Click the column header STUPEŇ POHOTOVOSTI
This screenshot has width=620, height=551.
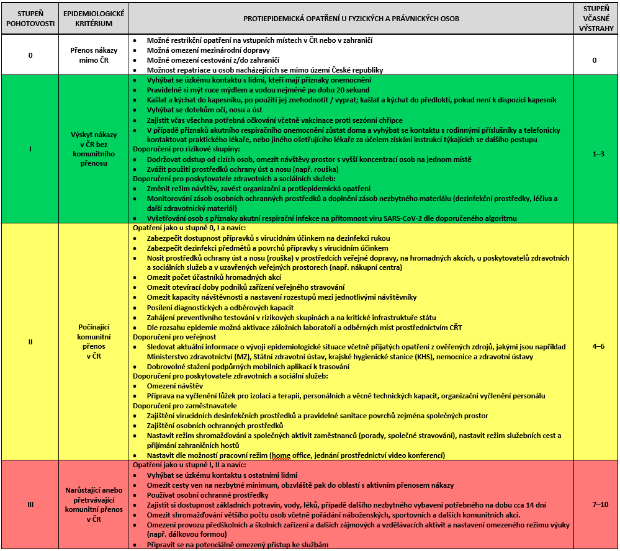click(x=30, y=18)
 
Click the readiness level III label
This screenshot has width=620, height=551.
click(x=30, y=504)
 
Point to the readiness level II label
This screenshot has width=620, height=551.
click(x=30, y=341)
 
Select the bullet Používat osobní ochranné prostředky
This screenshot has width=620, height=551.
click(x=207, y=495)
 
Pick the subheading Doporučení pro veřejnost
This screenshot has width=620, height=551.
click(x=171, y=336)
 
